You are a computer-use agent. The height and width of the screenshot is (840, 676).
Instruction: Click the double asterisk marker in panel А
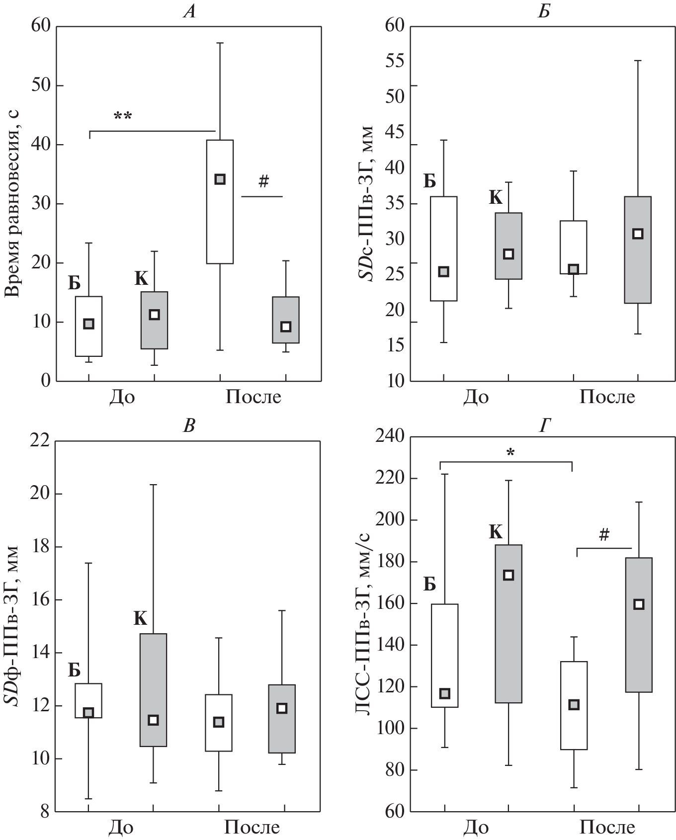coord(123,116)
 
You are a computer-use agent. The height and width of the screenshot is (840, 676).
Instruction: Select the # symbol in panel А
coord(263,182)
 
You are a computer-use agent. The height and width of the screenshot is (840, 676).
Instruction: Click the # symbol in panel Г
coord(604,535)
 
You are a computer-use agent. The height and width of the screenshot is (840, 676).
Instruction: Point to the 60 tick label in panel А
coord(41,26)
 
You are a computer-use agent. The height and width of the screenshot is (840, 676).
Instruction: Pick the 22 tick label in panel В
coord(41,441)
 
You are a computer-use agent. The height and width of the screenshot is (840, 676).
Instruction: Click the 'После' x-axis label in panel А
coord(253,398)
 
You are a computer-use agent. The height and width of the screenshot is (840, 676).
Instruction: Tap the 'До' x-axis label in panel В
coord(122,828)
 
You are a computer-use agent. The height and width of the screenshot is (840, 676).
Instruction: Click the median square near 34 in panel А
coord(220,179)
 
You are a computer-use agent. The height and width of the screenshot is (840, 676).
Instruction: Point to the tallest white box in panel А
coord(220,202)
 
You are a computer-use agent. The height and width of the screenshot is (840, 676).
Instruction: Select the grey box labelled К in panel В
coord(153,690)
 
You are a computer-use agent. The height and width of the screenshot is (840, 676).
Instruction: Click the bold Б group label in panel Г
coord(429,585)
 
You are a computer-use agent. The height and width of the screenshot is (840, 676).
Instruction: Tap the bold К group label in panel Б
coord(496,198)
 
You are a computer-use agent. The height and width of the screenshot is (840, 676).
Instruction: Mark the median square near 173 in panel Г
coord(508,575)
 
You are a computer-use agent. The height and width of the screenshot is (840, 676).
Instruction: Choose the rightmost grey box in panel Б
coord(638,250)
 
